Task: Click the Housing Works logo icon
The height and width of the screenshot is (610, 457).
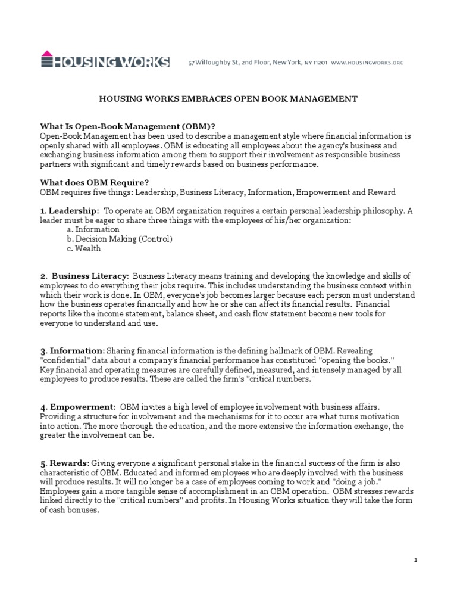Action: (48, 61)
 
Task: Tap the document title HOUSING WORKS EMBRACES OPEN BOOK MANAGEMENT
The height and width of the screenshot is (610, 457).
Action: (228, 98)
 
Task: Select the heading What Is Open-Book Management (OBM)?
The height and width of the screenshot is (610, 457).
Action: (127, 126)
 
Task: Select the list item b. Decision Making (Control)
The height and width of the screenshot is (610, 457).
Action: (120, 239)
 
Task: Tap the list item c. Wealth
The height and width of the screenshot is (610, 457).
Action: (84, 248)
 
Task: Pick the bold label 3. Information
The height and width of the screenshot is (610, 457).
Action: (71, 351)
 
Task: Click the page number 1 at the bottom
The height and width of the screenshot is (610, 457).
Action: (416, 561)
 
